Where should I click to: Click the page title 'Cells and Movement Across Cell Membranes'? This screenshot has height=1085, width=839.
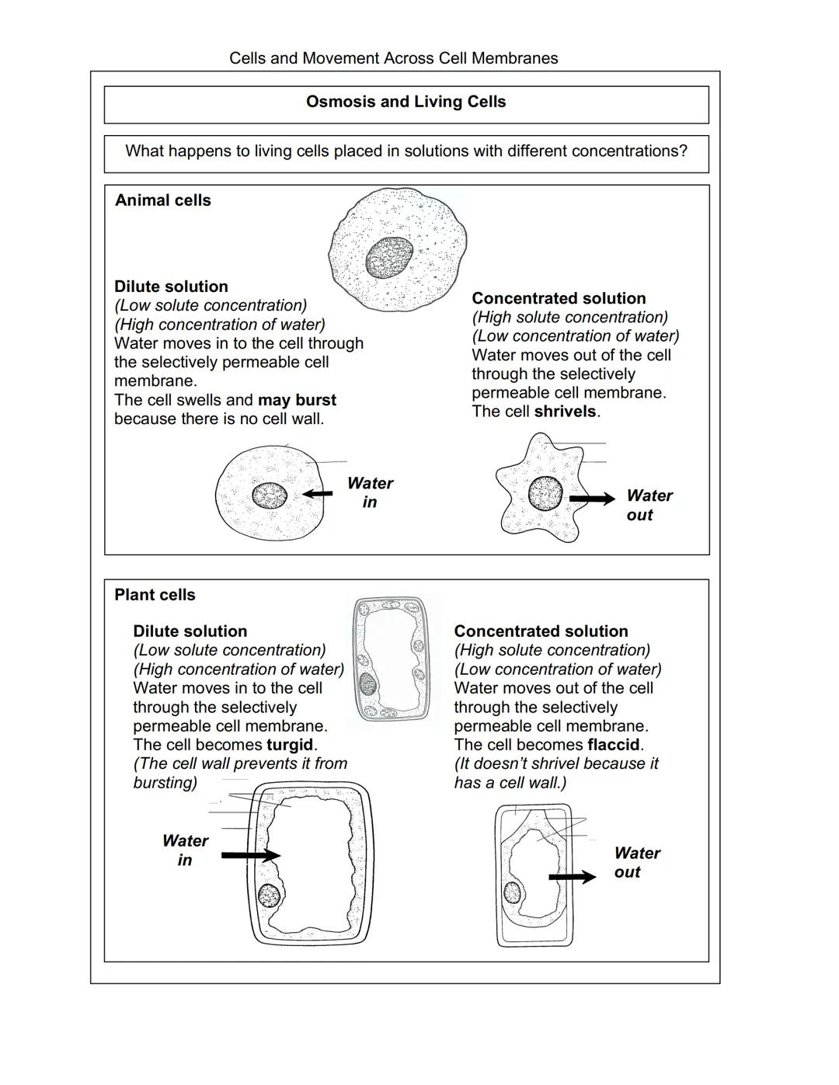pyautogui.click(x=393, y=58)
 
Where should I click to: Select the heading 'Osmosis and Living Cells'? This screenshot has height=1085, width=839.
pyautogui.click(x=406, y=102)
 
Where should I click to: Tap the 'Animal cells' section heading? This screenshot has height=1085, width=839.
pyautogui.click(x=162, y=200)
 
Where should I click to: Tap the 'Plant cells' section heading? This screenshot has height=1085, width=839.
pyautogui.click(x=155, y=595)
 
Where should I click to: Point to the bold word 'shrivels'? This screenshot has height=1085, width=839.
pyautogui.click(x=566, y=412)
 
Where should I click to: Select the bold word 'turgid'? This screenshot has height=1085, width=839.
pyautogui.click(x=290, y=745)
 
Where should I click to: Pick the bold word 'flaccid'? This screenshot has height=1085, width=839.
pyautogui.click(x=614, y=745)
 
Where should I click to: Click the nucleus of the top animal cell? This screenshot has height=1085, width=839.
pyautogui.click(x=389, y=257)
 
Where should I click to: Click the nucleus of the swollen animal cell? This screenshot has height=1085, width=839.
pyautogui.click(x=270, y=495)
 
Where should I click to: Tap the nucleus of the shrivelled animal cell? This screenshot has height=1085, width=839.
pyautogui.click(x=545, y=493)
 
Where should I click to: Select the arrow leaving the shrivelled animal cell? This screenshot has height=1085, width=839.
pyautogui.click(x=592, y=499)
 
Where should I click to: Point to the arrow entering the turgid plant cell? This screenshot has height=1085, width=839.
pyautogui.click(x=250, y=855)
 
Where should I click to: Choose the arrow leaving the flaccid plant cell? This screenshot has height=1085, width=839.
pyautogui.click(x=572, y=877)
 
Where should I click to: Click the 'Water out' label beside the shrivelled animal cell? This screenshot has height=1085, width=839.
pyautogui.click(x=649, y=506)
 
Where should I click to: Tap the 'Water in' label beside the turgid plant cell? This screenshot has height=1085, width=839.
pyautogui.click(x=185, y=850)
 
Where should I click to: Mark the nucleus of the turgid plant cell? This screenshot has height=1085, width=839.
pyautogui.click(x=269, y=895)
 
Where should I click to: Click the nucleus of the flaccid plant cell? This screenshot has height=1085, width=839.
pyautogui.click(x=512, y=892)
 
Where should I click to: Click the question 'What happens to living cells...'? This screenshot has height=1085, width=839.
pyautogui.click(x=406, y=151)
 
